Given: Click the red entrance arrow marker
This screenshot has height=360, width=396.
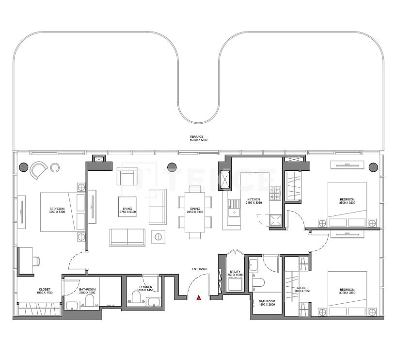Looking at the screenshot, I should [x=198, y=298].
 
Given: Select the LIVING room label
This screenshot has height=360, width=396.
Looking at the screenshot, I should [x=127, y=211].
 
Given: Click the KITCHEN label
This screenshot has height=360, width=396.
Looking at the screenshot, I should [x=254, y=201].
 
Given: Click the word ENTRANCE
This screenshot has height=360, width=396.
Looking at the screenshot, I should [x=199, y=269].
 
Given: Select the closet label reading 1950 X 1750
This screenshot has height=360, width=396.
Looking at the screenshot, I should [x=45, y=292].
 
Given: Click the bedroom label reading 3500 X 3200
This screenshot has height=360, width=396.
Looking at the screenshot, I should [x=347, y=201].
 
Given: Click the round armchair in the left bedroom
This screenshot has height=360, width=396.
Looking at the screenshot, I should [x=38, y=170].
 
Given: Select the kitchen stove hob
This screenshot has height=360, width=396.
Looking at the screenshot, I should [x=275, y=193].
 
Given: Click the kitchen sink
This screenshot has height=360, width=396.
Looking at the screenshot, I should [x=235, y=210].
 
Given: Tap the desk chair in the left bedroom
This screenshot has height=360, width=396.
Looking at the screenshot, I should [x=36, y=261].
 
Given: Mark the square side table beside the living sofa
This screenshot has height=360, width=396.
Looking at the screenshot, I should [x=158, y=237].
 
